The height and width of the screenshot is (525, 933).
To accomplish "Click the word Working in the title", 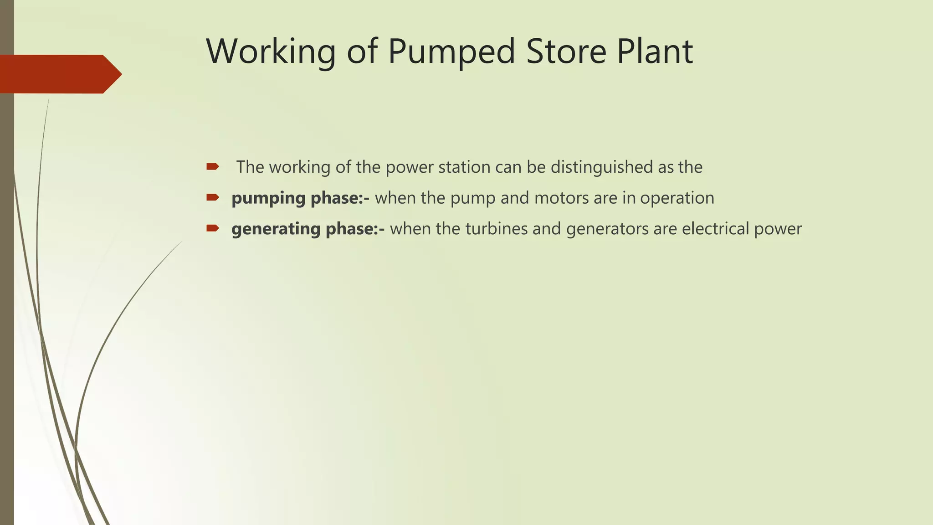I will tap(271, 51).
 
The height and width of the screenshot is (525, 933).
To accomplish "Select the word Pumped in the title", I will tap(451, 51).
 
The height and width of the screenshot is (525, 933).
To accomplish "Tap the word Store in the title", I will tap(566, 51).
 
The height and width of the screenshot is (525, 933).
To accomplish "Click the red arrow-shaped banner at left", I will tap(59, 74).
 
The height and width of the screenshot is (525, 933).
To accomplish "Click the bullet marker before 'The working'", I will tap(213, 167).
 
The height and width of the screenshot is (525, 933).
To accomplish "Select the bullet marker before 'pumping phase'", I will tap(213, 197).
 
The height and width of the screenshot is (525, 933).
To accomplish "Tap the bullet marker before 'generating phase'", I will tap(213, 228).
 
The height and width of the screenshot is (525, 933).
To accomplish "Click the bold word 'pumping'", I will tap(268, 198).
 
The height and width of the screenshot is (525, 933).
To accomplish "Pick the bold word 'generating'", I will tap(276, 229).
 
